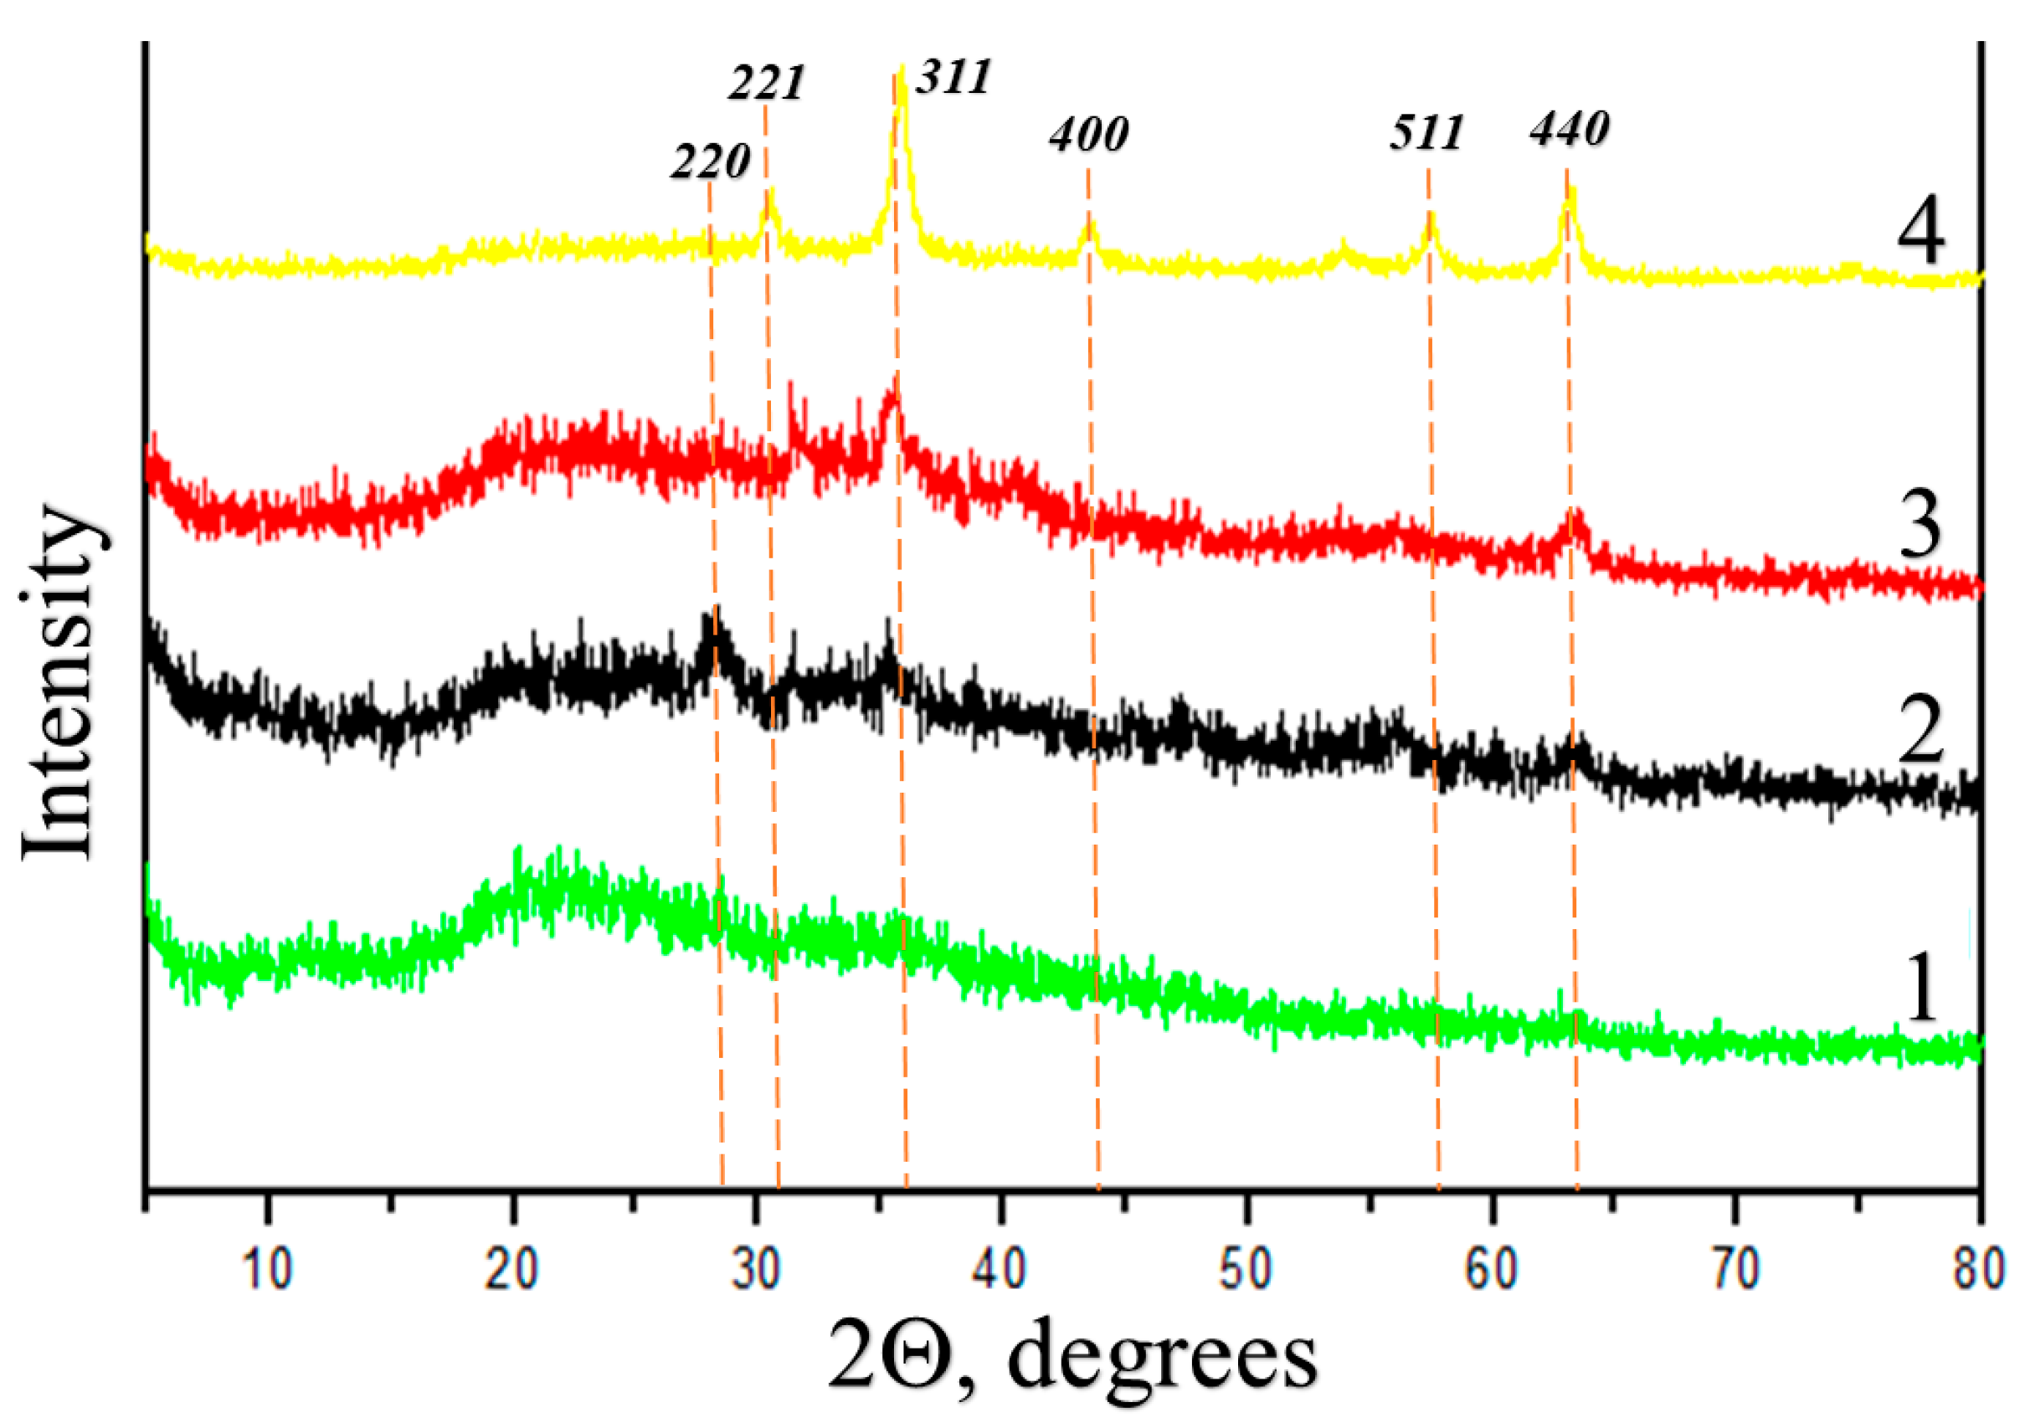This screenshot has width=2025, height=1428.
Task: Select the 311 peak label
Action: click(x=953, y=77)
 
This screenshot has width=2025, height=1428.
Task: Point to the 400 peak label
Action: click(x=1088, y=135)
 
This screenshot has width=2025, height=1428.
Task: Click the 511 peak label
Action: click(x=1426, y=133)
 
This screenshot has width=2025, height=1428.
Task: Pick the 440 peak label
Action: click(x=1569, y=130)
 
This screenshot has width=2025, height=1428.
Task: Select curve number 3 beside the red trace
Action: click(x=1920, y=527)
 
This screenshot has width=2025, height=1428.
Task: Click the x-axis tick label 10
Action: click(x=268, y=1271)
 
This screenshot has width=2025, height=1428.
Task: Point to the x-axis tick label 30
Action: click(x=757, y=1271)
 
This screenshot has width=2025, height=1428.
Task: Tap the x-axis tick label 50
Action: click(x=1246, y=1271)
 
